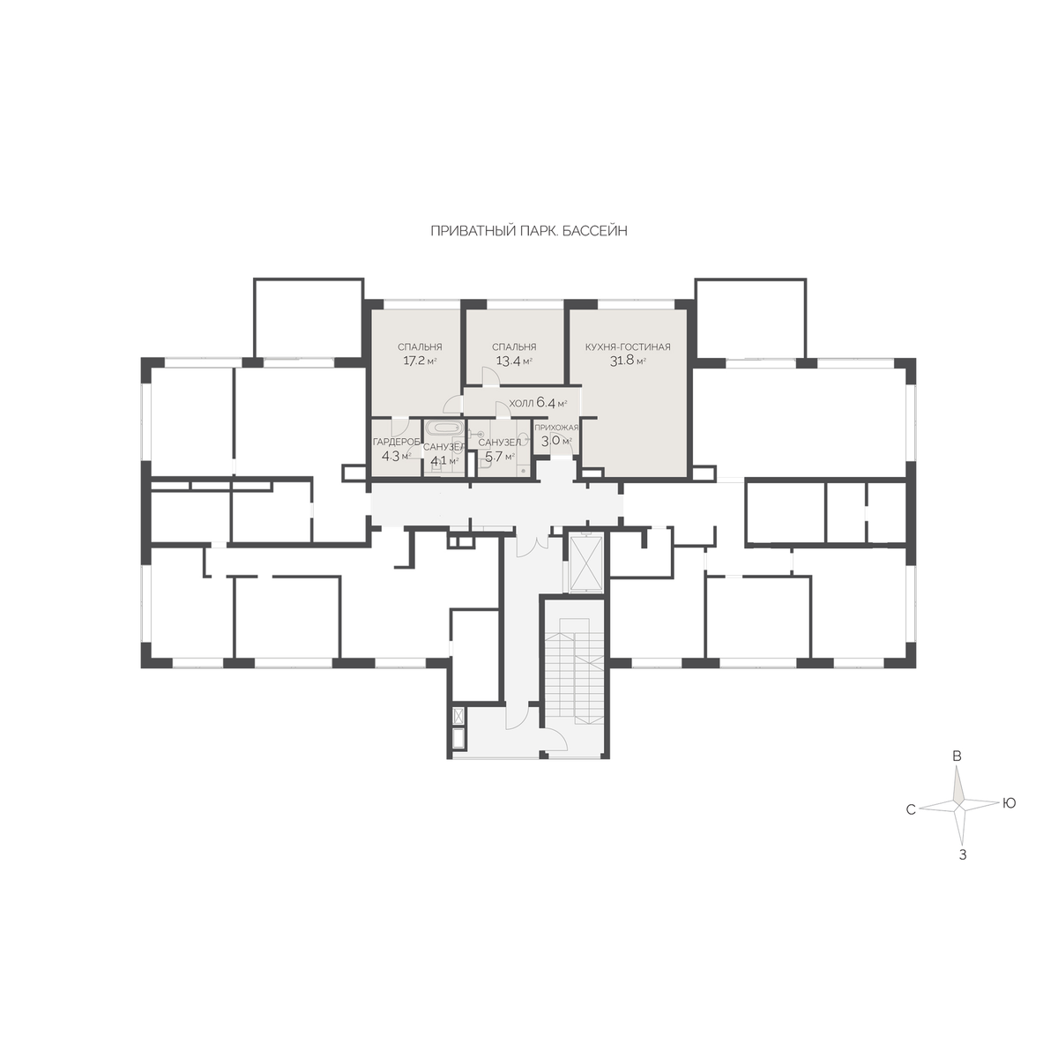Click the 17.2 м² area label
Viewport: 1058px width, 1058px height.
[x=420, y=361]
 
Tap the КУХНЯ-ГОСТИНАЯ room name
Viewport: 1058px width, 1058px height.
[x=628, y=347]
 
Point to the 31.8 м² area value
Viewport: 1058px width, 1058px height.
[x=628, y=361]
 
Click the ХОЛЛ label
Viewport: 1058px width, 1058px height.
[x=521, y=404]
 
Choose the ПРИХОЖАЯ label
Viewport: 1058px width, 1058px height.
[x=556, y=427]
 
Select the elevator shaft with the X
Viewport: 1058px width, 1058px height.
[x=586, y=564]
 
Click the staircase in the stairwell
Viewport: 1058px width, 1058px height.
[x=574, y=668]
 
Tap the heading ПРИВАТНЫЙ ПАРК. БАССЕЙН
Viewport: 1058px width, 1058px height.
[x=529, y=231]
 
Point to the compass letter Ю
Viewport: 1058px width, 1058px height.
[x=1010, y=803]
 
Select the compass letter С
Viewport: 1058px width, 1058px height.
[x=911, y=810]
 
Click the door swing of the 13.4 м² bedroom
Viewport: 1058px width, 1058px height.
[x=489, y=376]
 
